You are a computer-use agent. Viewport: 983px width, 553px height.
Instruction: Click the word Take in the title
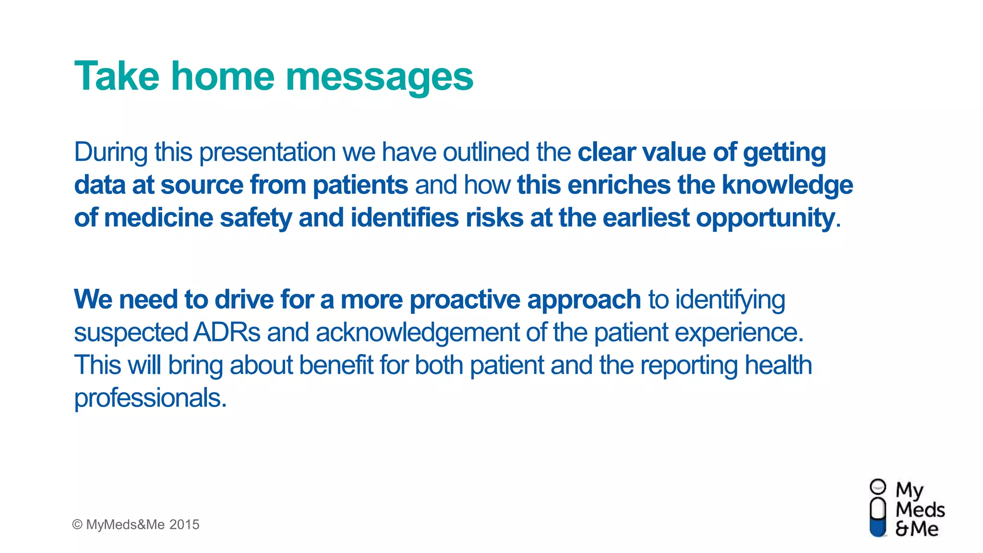coord(117,77)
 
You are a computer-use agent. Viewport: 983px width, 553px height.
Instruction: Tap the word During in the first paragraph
coord(110,152)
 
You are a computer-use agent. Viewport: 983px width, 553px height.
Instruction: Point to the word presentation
coord(267,153)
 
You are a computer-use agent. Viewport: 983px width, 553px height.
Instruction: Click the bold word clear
coord(606,152)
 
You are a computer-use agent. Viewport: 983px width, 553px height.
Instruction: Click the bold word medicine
coord(158,218)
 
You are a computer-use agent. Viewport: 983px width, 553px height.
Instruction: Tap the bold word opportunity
coord(766,219)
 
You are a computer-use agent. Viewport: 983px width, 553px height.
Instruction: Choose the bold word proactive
coord(465,300)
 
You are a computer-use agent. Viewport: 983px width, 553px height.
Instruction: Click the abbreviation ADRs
coord(227,333)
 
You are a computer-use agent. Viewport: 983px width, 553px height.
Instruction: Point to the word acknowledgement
coord(417,333)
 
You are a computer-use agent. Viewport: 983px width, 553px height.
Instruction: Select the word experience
coord(739,333)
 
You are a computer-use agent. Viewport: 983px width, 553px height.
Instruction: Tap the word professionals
coord(150,398)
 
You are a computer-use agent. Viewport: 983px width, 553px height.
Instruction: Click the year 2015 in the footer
coord(184,525)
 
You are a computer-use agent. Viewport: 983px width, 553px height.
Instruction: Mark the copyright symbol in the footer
coord(77,525)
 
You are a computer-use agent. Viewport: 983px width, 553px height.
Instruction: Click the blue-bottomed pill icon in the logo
coord(878,517)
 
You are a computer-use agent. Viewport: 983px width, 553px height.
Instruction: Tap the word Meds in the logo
coord(920,510)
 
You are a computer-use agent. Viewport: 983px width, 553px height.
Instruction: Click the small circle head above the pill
coord(878,487)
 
